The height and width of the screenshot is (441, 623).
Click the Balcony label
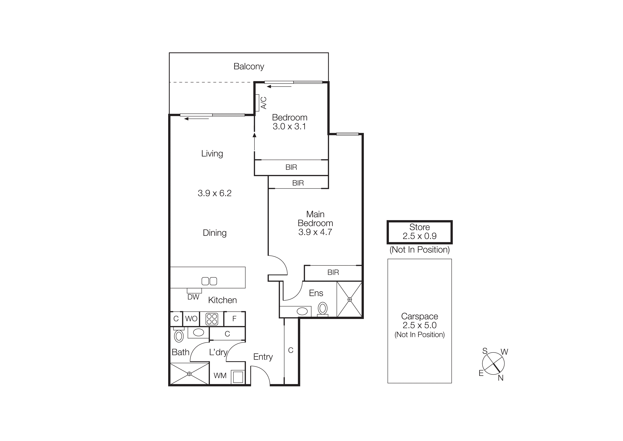pos(249,66)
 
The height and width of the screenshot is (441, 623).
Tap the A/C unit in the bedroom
pos(257,103)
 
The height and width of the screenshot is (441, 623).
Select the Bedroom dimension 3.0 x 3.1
pos(289,126)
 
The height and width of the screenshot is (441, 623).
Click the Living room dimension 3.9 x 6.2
pos(214,193)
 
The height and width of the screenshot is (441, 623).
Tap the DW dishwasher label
pos(193,297)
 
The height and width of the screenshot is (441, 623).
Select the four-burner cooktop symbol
pos(212,319)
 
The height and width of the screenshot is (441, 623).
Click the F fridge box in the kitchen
pos(234,319)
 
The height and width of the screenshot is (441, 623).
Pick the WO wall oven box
pos(191,319)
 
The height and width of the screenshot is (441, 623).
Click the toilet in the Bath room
pos(179,336)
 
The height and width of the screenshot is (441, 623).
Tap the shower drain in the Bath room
pos(189,374)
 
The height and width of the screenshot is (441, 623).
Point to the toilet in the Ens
pos(323,309)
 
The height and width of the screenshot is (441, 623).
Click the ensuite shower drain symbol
pos(350,299)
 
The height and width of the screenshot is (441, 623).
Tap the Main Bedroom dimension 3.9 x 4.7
pos(315,232)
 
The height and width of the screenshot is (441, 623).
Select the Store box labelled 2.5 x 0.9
pos(419,232)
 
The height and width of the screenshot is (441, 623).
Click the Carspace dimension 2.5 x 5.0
pos(419,325)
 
